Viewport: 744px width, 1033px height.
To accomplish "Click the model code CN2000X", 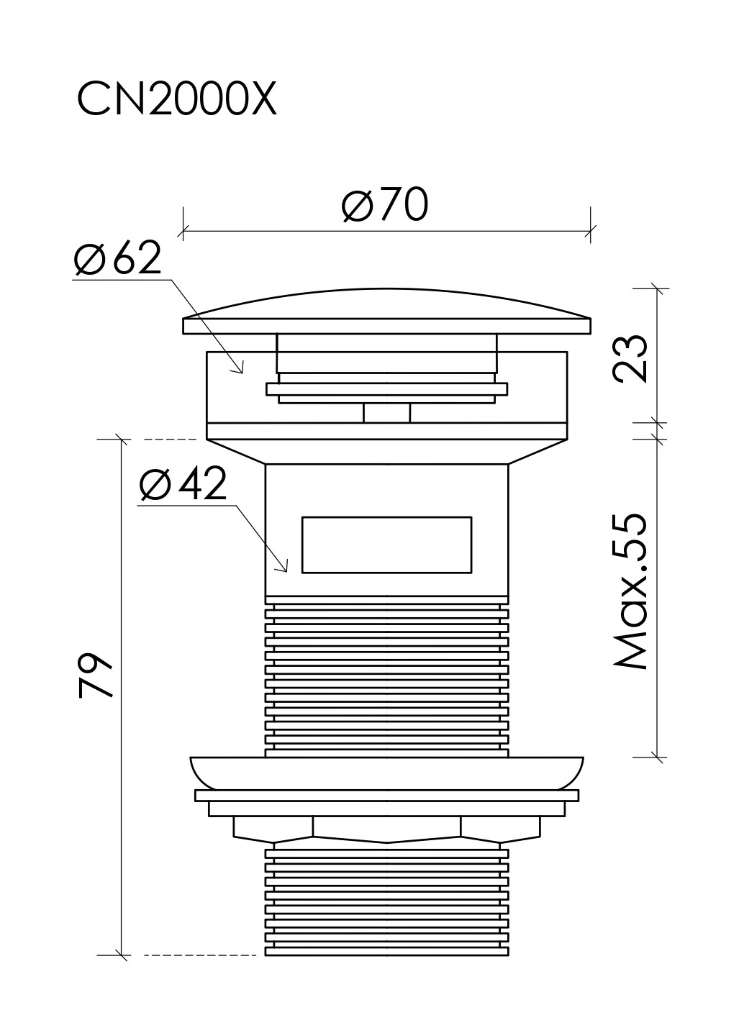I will pyautogui.click(x=176, y=100).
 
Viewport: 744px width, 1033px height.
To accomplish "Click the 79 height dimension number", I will pyautogui.click(x=96, y=676).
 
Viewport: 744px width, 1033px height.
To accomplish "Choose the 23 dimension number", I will pyautogui.click(x=630, y=358).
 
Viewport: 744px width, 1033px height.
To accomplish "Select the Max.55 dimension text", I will pyautogui.click(x=630, y=591).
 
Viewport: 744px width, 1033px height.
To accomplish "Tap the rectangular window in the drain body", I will pyautogui.click(x=386, y=545).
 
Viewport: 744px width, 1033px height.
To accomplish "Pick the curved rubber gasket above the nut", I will pyautogui.click(x=386, y=771).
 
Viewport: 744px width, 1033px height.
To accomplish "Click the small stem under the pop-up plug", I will pyautogui.click(x=386, y=413).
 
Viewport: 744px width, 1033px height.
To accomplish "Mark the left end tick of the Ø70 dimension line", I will pyautogui.click(x=183, y=231).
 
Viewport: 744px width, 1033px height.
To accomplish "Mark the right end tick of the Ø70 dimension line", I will pyautogui.click(x=591, y=231).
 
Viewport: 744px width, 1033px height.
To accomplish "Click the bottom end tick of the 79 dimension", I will pyautogui.click(x=122, y=955).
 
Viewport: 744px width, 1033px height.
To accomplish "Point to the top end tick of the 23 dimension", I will pyautogui.click(x=656, y=289).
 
